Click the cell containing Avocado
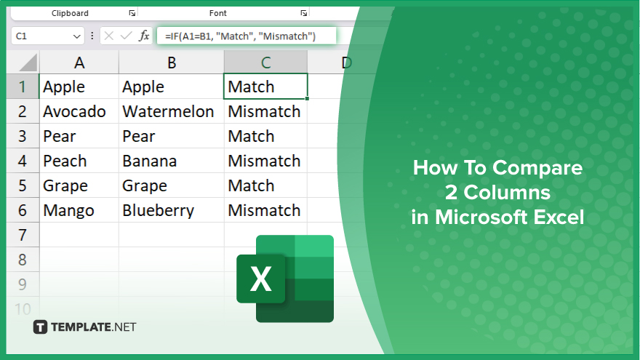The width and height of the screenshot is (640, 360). click(x=79, y=111)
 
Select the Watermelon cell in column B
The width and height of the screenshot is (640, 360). click(x=171, y=111)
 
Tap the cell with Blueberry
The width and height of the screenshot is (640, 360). click(x=171, y=210)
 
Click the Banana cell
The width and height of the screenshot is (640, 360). click(x=171, y=161)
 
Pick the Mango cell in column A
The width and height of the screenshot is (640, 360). click(x=79, y=210)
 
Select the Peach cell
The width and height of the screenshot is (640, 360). click(x=79, y=161)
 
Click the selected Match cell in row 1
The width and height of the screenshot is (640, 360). click(x=265, y=87)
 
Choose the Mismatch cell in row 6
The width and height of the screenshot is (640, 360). click(x=265, y=210)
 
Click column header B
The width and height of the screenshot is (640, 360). click(x=172, y=63)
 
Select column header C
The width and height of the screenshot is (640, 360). click(x=265, y=63)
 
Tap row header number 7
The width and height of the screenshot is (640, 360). click(x=23, y=235)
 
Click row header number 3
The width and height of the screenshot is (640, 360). click(x=23, y=136)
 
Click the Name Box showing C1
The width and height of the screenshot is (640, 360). click(x=47, y=36)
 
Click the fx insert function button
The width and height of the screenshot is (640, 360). click(x=144, y=36)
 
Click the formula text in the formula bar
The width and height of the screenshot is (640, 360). click(x=240, y=36)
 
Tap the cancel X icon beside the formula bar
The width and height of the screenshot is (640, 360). click(x=109, y=36)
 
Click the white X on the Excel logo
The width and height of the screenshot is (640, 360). click(x=261, y=279)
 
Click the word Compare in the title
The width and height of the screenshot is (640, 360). click(x=537, y=168)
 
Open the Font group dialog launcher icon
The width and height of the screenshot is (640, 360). click(x=304, y=13)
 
